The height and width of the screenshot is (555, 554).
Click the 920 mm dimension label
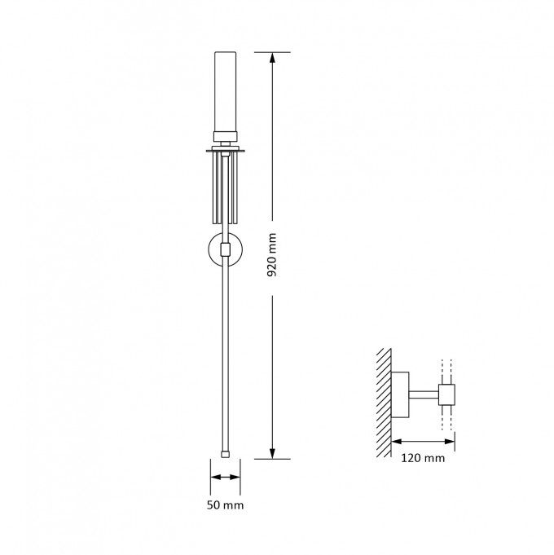coord(271,255)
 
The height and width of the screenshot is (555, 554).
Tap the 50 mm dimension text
coord(226,504)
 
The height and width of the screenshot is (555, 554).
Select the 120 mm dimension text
coord(423,458)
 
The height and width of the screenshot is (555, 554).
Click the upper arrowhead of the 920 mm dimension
coord(272,58)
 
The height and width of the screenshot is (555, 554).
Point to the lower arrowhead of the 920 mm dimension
coord(272,453)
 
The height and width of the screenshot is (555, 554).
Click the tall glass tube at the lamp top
coord(226,91)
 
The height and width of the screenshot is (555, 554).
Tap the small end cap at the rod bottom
coord(225,454)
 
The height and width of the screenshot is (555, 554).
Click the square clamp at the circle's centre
coord(226,249)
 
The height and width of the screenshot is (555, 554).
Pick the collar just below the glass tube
coord(226,137)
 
